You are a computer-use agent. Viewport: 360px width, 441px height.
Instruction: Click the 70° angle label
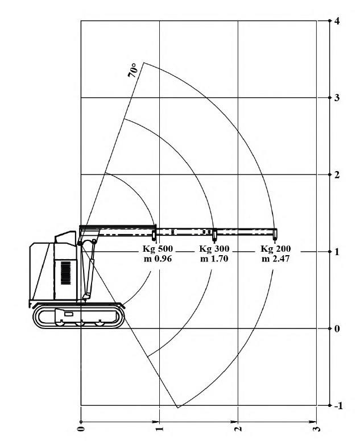point(133,70)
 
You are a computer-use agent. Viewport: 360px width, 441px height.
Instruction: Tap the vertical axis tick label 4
point(337,21)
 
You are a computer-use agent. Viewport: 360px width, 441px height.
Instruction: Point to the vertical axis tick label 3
point(337,98)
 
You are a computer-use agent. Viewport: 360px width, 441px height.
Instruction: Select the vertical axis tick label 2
point(337,174)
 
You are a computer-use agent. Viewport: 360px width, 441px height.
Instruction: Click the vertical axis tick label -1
point(338,406)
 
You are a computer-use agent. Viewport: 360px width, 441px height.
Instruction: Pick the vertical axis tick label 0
point(337,328)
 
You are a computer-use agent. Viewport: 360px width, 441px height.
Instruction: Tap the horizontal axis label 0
point(81,428)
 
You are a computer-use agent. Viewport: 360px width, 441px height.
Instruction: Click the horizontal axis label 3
point(317,428)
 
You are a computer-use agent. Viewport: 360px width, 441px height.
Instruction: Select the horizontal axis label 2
point(238,428)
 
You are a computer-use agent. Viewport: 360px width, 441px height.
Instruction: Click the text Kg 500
point(158,249)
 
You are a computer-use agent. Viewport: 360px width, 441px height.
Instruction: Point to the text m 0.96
point(158,259)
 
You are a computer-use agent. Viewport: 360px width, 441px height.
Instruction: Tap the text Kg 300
point(214,249)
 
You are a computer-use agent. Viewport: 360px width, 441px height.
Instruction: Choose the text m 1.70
point(214,259)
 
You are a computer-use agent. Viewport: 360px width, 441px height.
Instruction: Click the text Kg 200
point(276,249)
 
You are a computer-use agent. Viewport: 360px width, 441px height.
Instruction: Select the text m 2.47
point(276,259)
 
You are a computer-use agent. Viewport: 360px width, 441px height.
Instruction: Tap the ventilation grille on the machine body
point(66,273)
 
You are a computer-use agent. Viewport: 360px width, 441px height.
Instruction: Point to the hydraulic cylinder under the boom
point(88,270)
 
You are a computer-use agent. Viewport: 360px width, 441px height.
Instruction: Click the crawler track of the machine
point(78,317)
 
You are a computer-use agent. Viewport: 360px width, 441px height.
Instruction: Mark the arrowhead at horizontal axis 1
point(155,422)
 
